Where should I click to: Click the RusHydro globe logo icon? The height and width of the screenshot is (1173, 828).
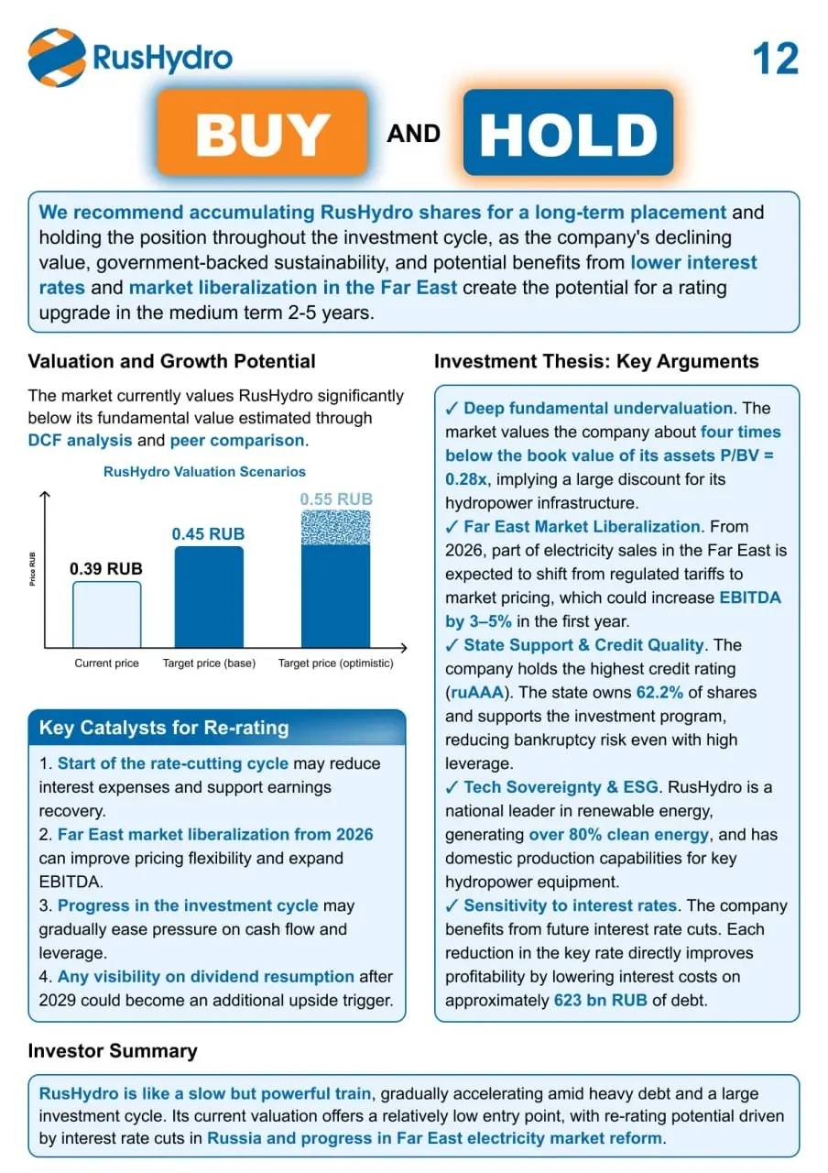click(x=57, y=58)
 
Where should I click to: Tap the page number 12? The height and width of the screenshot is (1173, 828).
click(x=775, y=59)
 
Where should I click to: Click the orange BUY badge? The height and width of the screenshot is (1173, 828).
click(x=262, y=133)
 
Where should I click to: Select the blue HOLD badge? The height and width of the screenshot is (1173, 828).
click(x=568, y=133)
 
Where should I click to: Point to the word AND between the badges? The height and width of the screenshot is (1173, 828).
click(x=413, y=134)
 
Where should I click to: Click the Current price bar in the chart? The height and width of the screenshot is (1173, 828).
click(x=107, y=614)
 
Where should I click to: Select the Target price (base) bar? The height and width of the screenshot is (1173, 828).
click(x=209, y=597)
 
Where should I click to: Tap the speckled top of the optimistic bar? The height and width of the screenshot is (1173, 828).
click(x=335, y=528)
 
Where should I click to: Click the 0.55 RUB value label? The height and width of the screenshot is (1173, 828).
click(x=336, y=499)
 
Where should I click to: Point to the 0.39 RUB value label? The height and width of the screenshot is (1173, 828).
click(x=105, y=569)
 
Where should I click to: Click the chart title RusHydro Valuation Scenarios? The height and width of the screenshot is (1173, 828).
click(x=204, y=472)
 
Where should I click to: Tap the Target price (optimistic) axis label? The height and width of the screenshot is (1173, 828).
click(x=335, y=663)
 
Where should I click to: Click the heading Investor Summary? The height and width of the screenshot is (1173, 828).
click(x=113, y=1051)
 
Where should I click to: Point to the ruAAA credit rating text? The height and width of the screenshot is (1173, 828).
click(x=477, y=692)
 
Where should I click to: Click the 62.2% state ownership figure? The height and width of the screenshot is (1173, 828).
click(x=659, y=692)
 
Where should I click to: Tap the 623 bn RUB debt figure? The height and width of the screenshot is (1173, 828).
click(x=600, y=1000)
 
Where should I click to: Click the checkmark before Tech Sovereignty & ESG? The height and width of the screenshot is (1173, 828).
click(x=452, y=787)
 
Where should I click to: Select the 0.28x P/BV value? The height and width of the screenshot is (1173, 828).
click(x=466, y=479)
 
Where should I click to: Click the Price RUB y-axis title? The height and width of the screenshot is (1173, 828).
click(x=32, y=569)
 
